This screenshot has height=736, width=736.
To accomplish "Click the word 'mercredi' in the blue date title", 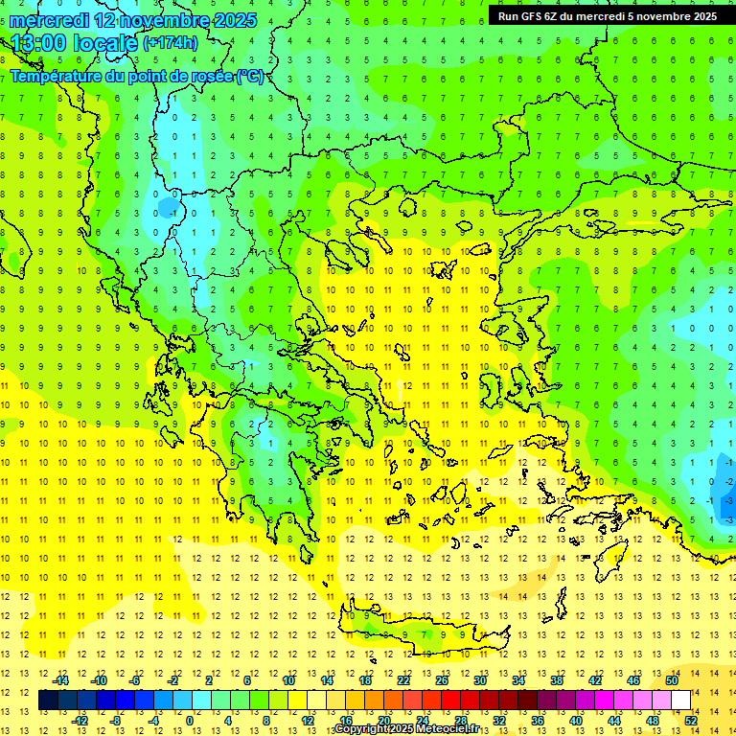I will click(x=48, y=20).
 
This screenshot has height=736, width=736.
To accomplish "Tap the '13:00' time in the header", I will click(x=37, y=43).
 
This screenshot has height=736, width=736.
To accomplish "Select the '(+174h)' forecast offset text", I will click(x=171, y=43).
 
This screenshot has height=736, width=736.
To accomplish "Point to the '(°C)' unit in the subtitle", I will click(x=250, y=76).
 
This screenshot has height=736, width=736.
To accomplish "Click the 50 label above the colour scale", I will click(x=672, y=680).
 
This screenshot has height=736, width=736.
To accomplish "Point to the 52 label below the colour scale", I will click(x=690, y=721).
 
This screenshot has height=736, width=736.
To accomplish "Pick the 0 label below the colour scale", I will click(x=189, y=721).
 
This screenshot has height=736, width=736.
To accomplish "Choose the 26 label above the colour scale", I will click(x=442, y=680).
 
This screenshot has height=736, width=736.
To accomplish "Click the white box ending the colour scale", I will click(x=680, y=701).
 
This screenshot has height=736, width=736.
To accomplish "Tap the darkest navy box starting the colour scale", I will click(x=48, y=701).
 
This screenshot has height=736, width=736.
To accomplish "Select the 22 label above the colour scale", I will click(x=403, y=680).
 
